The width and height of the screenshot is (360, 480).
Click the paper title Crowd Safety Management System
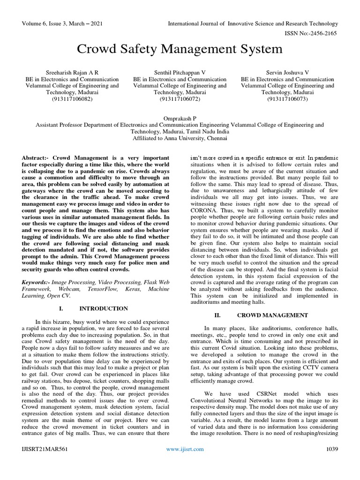click(x=180, y=49)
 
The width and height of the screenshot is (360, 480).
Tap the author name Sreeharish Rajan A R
click(x=72, y=73)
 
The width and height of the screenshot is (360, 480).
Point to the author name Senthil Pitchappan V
click(x=180, y=73)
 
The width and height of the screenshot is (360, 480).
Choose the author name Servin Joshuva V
click(x=287, y=73)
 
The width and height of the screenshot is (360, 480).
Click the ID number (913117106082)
click(x=72, y=99)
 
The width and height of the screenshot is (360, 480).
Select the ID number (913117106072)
click(x=180, y=99)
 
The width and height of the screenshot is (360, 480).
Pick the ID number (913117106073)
click(x=287, y=99)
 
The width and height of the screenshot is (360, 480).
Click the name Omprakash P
click(x=180, y=119)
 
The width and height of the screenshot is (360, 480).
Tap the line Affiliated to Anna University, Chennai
click(x=180, y=138)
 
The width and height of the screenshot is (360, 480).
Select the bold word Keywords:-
click(x=36, y=283)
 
